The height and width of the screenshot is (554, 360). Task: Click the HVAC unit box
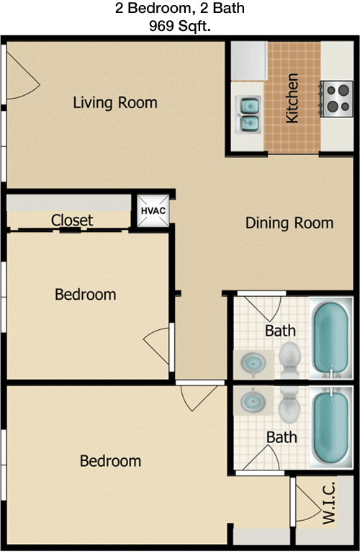click(x=153, y=211)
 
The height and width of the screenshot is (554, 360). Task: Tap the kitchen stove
click(x=336, y=99)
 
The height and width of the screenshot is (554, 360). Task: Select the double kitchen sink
click(x=248, y=114)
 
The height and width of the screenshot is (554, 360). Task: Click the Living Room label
click(x=115, y=102)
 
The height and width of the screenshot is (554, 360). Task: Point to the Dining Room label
click(x=289, y=223)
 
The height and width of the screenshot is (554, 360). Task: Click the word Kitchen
click(x=292, y=98)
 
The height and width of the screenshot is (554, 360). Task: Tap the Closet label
click(x=72, y=220)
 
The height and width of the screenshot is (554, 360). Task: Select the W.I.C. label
click(x=328, y=503)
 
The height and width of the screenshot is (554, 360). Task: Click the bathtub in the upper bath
click(x=331, y=338)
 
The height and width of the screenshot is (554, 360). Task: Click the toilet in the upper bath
click(x=289, y=359)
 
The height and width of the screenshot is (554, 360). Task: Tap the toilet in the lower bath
click(x=289, y=406)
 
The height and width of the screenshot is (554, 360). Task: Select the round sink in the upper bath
click(x=253, y=363)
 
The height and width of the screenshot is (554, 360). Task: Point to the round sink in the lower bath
click(x=253, y=401)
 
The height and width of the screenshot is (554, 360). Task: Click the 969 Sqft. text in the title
click(x=180, y=26)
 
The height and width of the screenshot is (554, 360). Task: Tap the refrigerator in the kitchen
click(x=249, y=61)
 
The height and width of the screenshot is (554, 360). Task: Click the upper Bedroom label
click(x=86, y=295)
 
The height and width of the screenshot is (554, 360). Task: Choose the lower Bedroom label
click(x=110, y=461)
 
